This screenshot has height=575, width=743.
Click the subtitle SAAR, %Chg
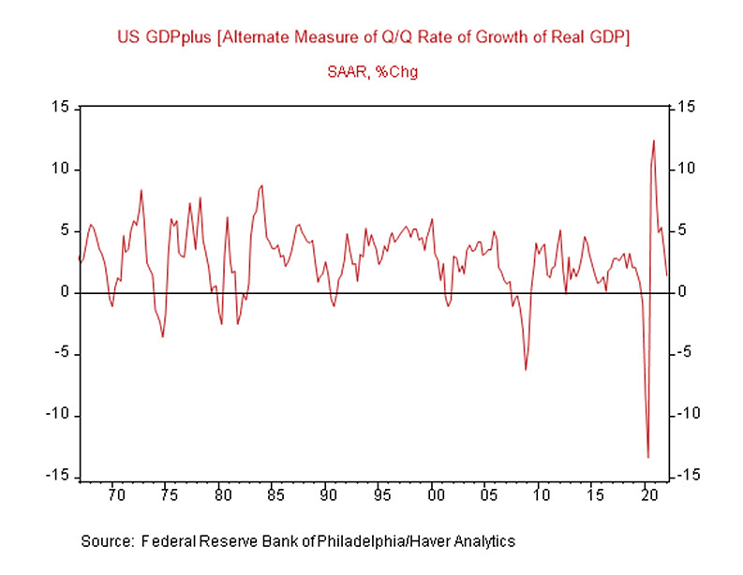pyautogui.click(x=371, y=72)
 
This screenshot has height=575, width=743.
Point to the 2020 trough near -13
pyautogui.click(x=648, y=457)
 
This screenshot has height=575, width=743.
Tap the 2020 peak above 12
pyautogui.click(x=654, y=140)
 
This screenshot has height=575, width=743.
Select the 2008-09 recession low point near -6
pyautogui.click(x=526, y=370)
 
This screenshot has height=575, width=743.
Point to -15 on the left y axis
pyautogui.click(x=59, y=477)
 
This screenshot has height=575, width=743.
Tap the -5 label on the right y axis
pyautogui.click(x=684, y=354)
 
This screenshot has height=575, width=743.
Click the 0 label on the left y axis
pyautogui.click(x=66, y=292)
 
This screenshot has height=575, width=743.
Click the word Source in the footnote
pyautogui.click(x=104, y=541)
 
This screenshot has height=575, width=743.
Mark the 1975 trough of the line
pyautogui.click(x=163, y=336)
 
